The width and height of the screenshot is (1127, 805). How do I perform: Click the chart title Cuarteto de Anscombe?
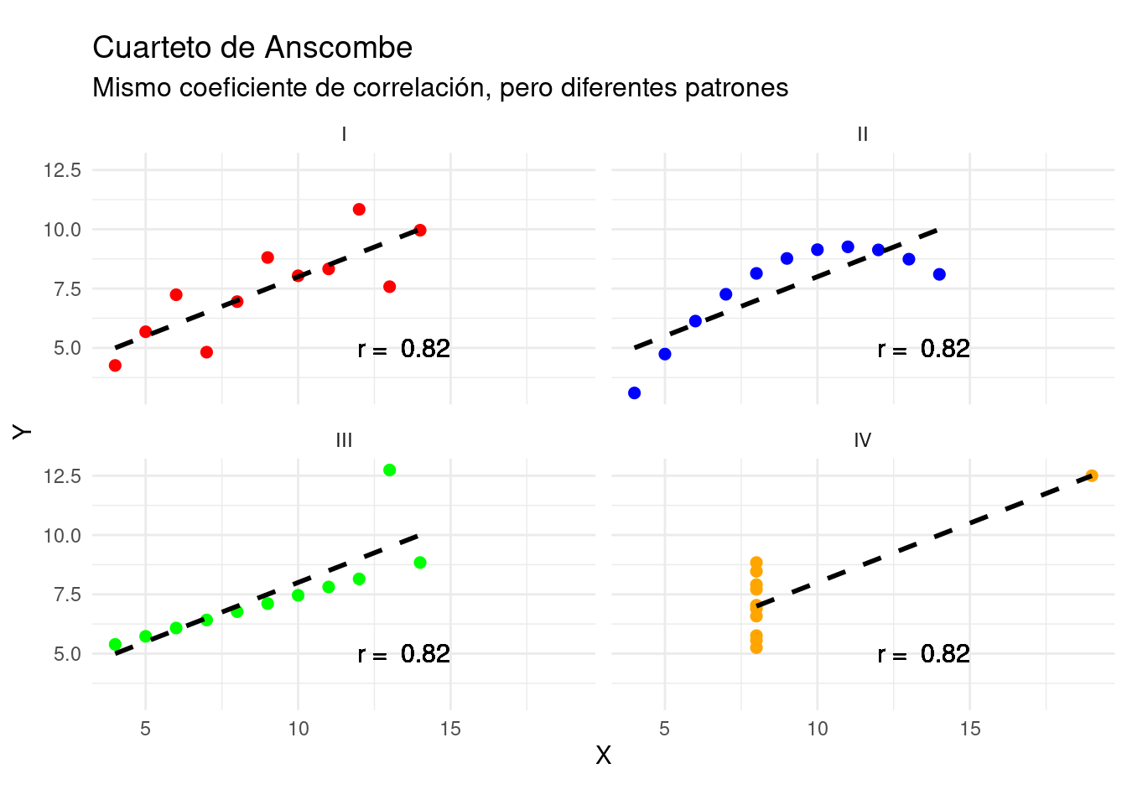tap(252, 48)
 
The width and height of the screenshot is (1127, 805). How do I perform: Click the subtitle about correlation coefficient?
tap(440, 88)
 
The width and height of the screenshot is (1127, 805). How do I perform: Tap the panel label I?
tap(344, 134)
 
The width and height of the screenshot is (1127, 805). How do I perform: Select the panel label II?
tap(863, 134)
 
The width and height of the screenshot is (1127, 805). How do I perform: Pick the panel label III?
tap(344, 440)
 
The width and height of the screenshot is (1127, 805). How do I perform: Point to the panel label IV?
tap(863, 440)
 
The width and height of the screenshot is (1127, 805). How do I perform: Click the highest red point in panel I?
tap(359, 210)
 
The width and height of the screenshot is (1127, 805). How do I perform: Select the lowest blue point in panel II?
tap(634, 393)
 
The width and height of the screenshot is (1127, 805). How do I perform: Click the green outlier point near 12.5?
tap(389, 470)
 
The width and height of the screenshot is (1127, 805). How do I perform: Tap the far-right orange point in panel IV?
tap(1092, 476)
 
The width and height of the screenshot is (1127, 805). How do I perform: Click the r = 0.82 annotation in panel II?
tap(923, 349)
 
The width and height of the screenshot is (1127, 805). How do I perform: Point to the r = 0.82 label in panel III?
tap(403, 654)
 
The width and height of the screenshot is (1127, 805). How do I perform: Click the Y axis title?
tap(22, 431)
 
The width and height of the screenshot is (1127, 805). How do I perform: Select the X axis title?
tap(603, 756)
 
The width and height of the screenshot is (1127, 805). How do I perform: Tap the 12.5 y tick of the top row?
tap(63, 170)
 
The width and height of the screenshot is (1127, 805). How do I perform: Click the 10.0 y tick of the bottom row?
tap(63, 536)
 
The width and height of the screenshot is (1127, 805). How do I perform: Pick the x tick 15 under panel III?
tap(450, 729)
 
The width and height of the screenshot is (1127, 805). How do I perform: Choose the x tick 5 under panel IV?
tap(664, 729)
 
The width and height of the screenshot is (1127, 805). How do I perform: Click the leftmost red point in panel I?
tap(115, 366)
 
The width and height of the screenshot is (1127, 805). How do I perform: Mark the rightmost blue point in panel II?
tap(939, 274)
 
